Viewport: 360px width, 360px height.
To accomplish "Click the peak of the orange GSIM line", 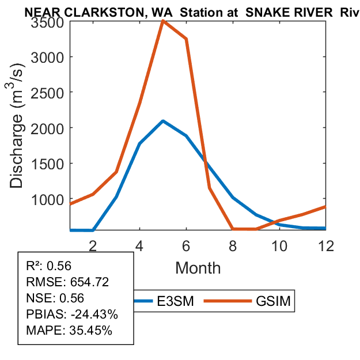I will pyautogui.click(x=163, y=21).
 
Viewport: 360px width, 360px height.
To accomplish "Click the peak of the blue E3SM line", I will pyautogui.click(x=163, y=121).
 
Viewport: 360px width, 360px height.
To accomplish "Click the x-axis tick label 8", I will pyautogui.click(x=233, y=245).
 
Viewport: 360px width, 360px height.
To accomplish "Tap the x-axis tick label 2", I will pyautogui.click(x=93, y=245).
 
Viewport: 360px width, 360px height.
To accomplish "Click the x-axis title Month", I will pyautogui.click(x=198, y=267).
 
